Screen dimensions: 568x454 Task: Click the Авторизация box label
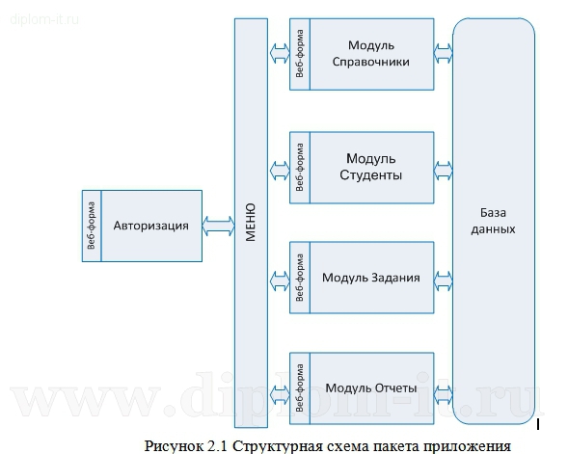pyautogui.click(x=151, y=226)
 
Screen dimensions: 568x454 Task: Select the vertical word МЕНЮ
pyautogui.click(x=251, y=222)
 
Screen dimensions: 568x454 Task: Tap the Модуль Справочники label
pyautogui.click(x=371, y=54)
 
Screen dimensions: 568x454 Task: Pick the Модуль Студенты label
pyautogui.click(x=371, y=167)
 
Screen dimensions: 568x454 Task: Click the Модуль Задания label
pyautogui.click(x=371, y=278)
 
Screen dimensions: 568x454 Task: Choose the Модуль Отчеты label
pyautogui.click(x=371, y=388)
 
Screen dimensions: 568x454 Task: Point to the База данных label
pyautogui.click(x=493, y=221)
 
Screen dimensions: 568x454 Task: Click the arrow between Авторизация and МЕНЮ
pyautogui.click(x=218, y=226)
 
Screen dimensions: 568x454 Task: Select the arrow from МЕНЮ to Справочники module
pyautogui.click(x=280, y=54)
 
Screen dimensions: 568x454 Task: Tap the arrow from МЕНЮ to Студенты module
pyautogui.click(x=280, y=171)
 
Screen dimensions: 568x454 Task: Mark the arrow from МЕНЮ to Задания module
pyautogui.click(x=280, y=280)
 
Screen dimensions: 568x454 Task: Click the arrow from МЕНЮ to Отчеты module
pyautogui.click(x=280, y=394)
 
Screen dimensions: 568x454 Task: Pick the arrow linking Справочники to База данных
pyautogui.click(x=443, y=54)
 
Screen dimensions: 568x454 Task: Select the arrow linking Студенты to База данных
pyautogui.click(x=443, y=171)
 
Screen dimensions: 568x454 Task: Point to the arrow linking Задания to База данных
pyautogui.click(x=443, y=280)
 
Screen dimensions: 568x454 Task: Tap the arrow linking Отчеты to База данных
pyautogui.click(x=443, y=394)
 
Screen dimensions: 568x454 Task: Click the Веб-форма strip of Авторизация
pyautogui.click(x=92, y=226)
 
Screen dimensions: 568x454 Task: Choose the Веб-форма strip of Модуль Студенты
pyautogui.click(x=300, y=168)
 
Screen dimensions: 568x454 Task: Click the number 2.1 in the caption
pyautogui.click(x=217, y=445)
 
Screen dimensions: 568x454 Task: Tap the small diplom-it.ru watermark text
pyautogui.click(x=44, y=19)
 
